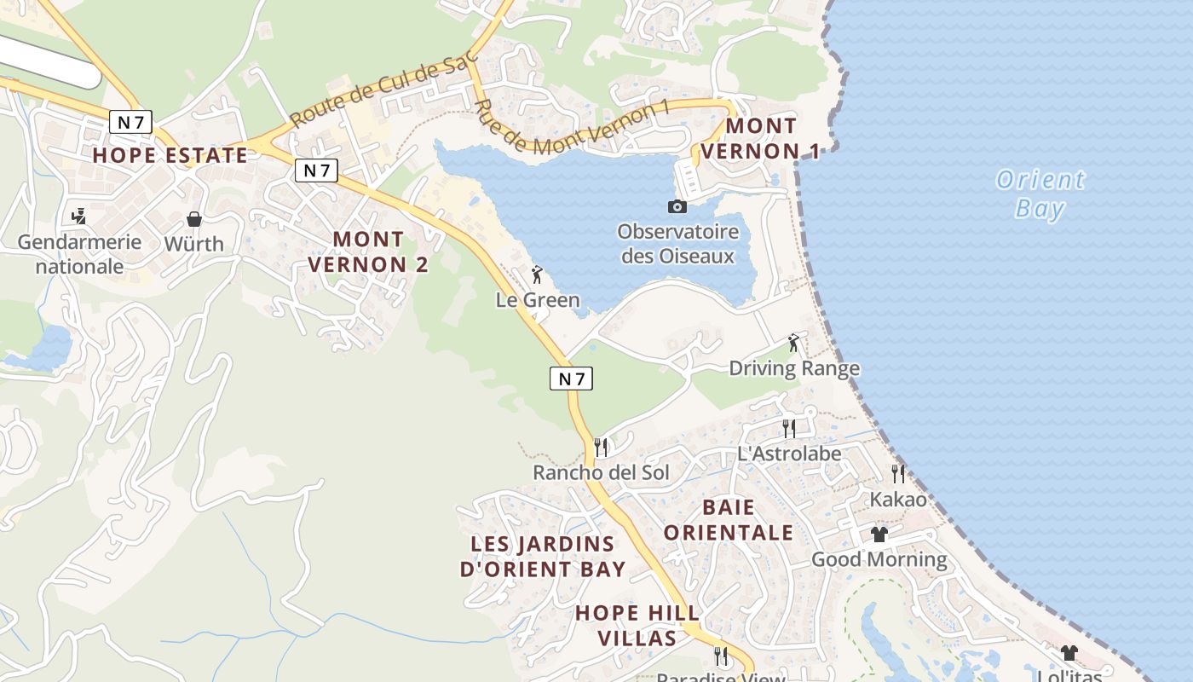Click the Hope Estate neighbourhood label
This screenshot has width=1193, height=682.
[170, 155]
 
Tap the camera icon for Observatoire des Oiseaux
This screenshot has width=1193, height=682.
[677, 206]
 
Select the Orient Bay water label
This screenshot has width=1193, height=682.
[1040, 194]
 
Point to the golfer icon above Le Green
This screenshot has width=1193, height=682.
[537, 275]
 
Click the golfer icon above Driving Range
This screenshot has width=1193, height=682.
[794, 343]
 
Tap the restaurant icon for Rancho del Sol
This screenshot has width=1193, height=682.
[601, 447]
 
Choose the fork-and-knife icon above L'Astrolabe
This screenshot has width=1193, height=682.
[789, 428]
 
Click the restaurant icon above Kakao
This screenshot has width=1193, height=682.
[898, 473]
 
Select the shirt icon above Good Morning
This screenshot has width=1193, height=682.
[879, 535]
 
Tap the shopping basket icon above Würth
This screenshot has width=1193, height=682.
[194, 219]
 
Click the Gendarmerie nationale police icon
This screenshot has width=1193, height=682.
[79, 216]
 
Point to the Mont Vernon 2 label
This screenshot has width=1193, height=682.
[368, 251]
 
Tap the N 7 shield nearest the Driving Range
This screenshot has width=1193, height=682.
[571, 379]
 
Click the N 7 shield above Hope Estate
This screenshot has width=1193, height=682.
[130, 122]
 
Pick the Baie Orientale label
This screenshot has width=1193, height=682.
[729, 520]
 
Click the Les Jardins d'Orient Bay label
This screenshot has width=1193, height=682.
[543, 556]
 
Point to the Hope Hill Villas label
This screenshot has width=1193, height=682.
[637, 625]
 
